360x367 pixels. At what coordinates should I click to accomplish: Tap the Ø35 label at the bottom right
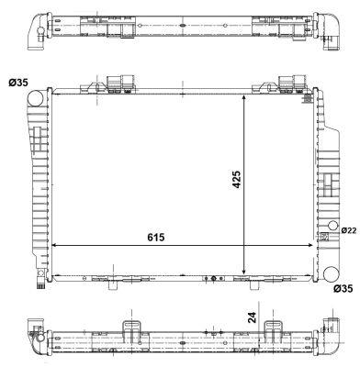343,289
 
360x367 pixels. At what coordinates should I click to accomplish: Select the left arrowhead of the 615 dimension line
54,246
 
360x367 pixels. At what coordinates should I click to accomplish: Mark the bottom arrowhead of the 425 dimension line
244,272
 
